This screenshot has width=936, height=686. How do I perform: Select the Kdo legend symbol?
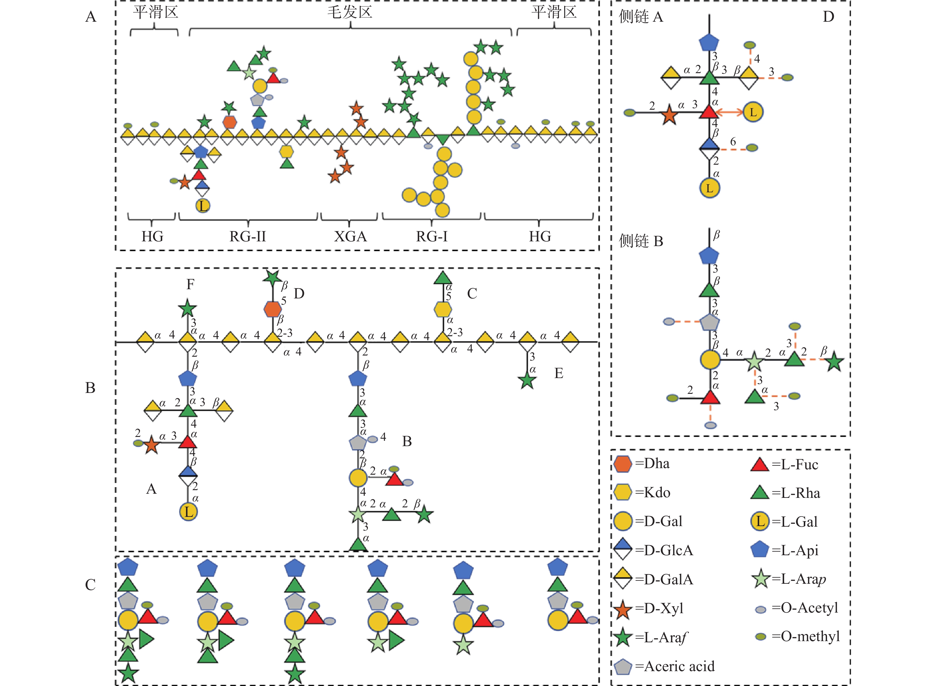point(623,493)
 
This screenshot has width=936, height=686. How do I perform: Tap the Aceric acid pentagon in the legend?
point(623,666)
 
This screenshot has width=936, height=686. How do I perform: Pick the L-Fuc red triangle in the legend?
point(760,464)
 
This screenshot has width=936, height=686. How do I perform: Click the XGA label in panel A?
point(350,237)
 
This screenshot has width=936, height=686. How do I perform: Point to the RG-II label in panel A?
point(248,237)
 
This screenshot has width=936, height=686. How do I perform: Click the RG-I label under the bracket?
point(432,237)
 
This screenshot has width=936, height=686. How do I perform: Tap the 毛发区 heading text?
point(350,12)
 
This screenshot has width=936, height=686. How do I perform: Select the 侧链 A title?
point(641,17)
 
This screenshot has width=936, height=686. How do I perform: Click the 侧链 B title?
point(641,241)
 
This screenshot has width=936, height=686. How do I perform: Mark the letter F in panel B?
point(190,284)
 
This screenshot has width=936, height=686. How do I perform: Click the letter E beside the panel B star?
point(559,373)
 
